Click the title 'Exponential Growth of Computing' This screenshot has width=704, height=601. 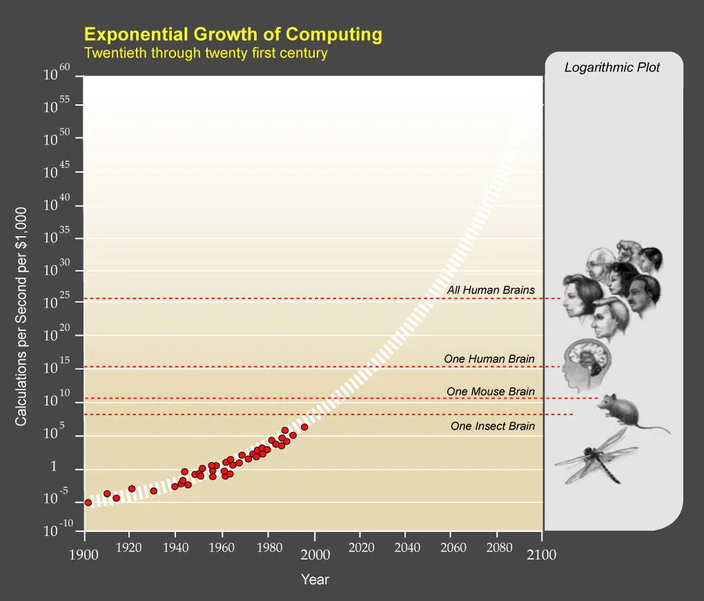(x=233, y=34)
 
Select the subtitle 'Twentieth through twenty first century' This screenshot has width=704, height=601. (x=206, y=53)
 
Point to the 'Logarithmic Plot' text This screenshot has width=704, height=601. (x=612, y=68)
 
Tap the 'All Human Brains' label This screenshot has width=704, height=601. (x=491, y=290)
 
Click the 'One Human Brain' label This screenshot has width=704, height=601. (x=489, y=359)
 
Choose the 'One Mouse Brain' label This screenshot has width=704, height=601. (x=491, y=391)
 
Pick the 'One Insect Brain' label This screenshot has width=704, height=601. (x=493, y=426)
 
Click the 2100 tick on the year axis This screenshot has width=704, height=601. (x=541, y=554)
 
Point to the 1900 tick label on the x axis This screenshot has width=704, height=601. (x=84, y=554)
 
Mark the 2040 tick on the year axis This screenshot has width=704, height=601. (x=405, y=554)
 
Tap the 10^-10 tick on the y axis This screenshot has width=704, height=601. (x=59, y=528)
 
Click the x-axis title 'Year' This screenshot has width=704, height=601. (x=315, y=580)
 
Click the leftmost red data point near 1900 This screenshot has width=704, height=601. (x=88, y=502)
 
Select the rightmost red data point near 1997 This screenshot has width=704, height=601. (x=304, y=427)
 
